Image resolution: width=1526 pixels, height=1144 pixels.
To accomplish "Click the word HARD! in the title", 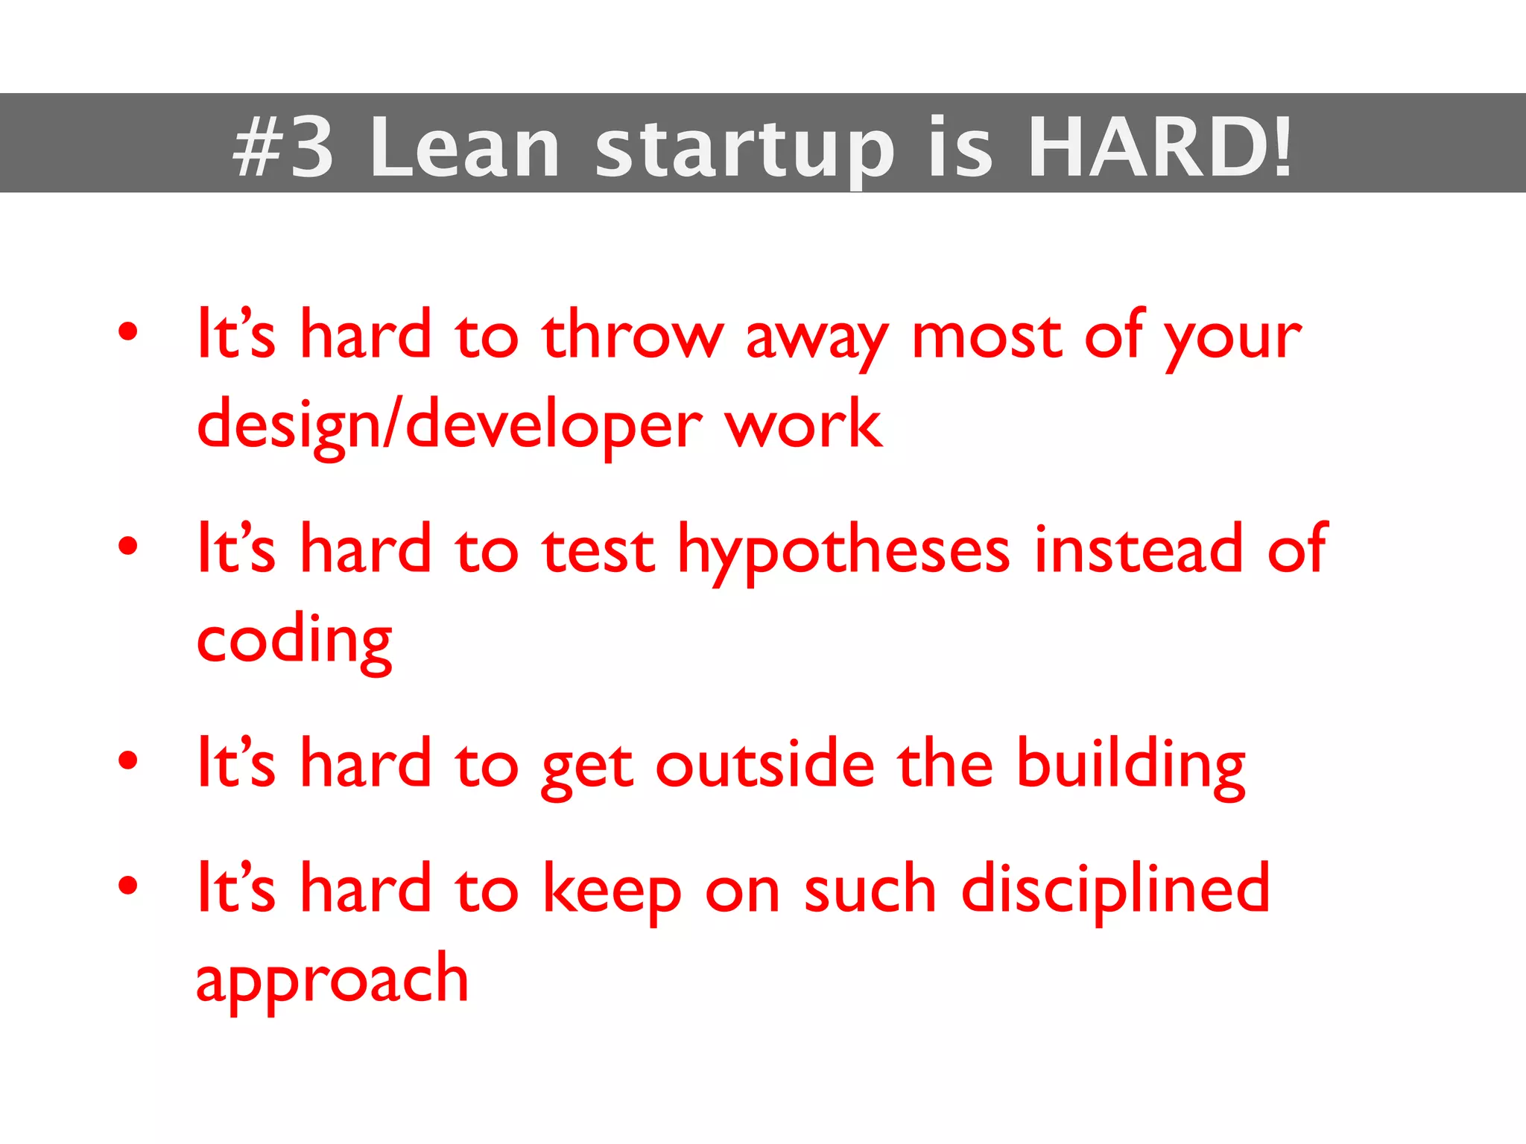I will pos(1159,147).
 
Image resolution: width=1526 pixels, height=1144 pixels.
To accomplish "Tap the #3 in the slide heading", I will pos(283,147).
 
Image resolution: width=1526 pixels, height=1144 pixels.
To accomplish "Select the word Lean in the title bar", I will pos(464,147).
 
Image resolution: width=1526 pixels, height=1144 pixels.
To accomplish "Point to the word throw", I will pos(633,335).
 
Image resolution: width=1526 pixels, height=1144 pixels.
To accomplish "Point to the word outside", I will pos(764,764).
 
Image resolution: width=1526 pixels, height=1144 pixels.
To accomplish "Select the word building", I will pos(1130,766).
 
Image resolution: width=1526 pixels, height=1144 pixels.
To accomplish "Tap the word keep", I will pos(611,891).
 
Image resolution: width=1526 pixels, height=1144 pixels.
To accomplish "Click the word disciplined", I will pos(1115,889).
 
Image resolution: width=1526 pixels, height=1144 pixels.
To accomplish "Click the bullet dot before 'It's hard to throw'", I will pos(128,332).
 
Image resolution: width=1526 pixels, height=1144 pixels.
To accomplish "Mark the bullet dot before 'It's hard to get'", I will pos(128,760).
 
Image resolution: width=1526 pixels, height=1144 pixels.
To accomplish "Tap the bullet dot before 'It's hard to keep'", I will pos(128,886).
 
